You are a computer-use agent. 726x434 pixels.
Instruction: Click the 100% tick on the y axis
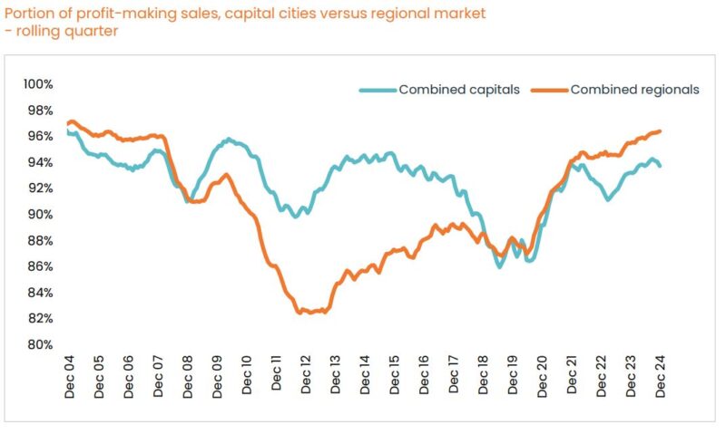39,84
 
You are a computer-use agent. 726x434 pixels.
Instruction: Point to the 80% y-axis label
39,345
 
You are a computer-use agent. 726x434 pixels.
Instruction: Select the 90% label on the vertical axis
39,215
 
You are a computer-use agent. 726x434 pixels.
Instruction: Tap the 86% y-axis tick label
39,267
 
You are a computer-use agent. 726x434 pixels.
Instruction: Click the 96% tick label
39,137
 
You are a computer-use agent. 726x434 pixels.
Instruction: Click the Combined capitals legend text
459,90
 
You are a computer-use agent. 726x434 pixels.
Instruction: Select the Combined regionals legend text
634,90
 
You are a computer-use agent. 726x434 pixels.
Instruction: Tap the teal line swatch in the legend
378,90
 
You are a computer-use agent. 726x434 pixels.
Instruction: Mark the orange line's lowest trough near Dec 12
299,313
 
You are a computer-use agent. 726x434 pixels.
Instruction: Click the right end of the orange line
660,131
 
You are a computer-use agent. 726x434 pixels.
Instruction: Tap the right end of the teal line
660,166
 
